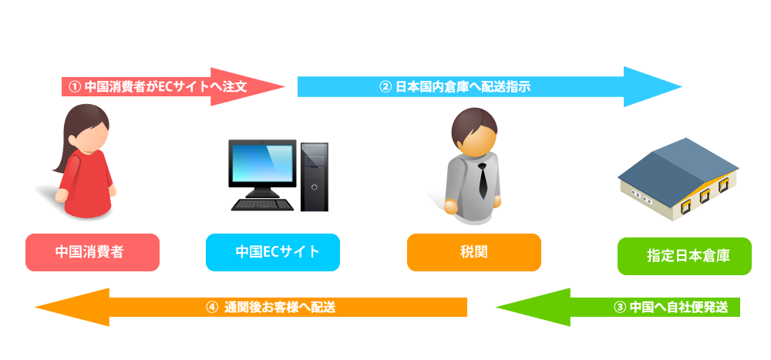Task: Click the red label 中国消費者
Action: [92, 252]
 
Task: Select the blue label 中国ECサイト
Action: [273, 252]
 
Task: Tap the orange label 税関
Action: [473, 252]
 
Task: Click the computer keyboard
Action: [262, 205]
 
